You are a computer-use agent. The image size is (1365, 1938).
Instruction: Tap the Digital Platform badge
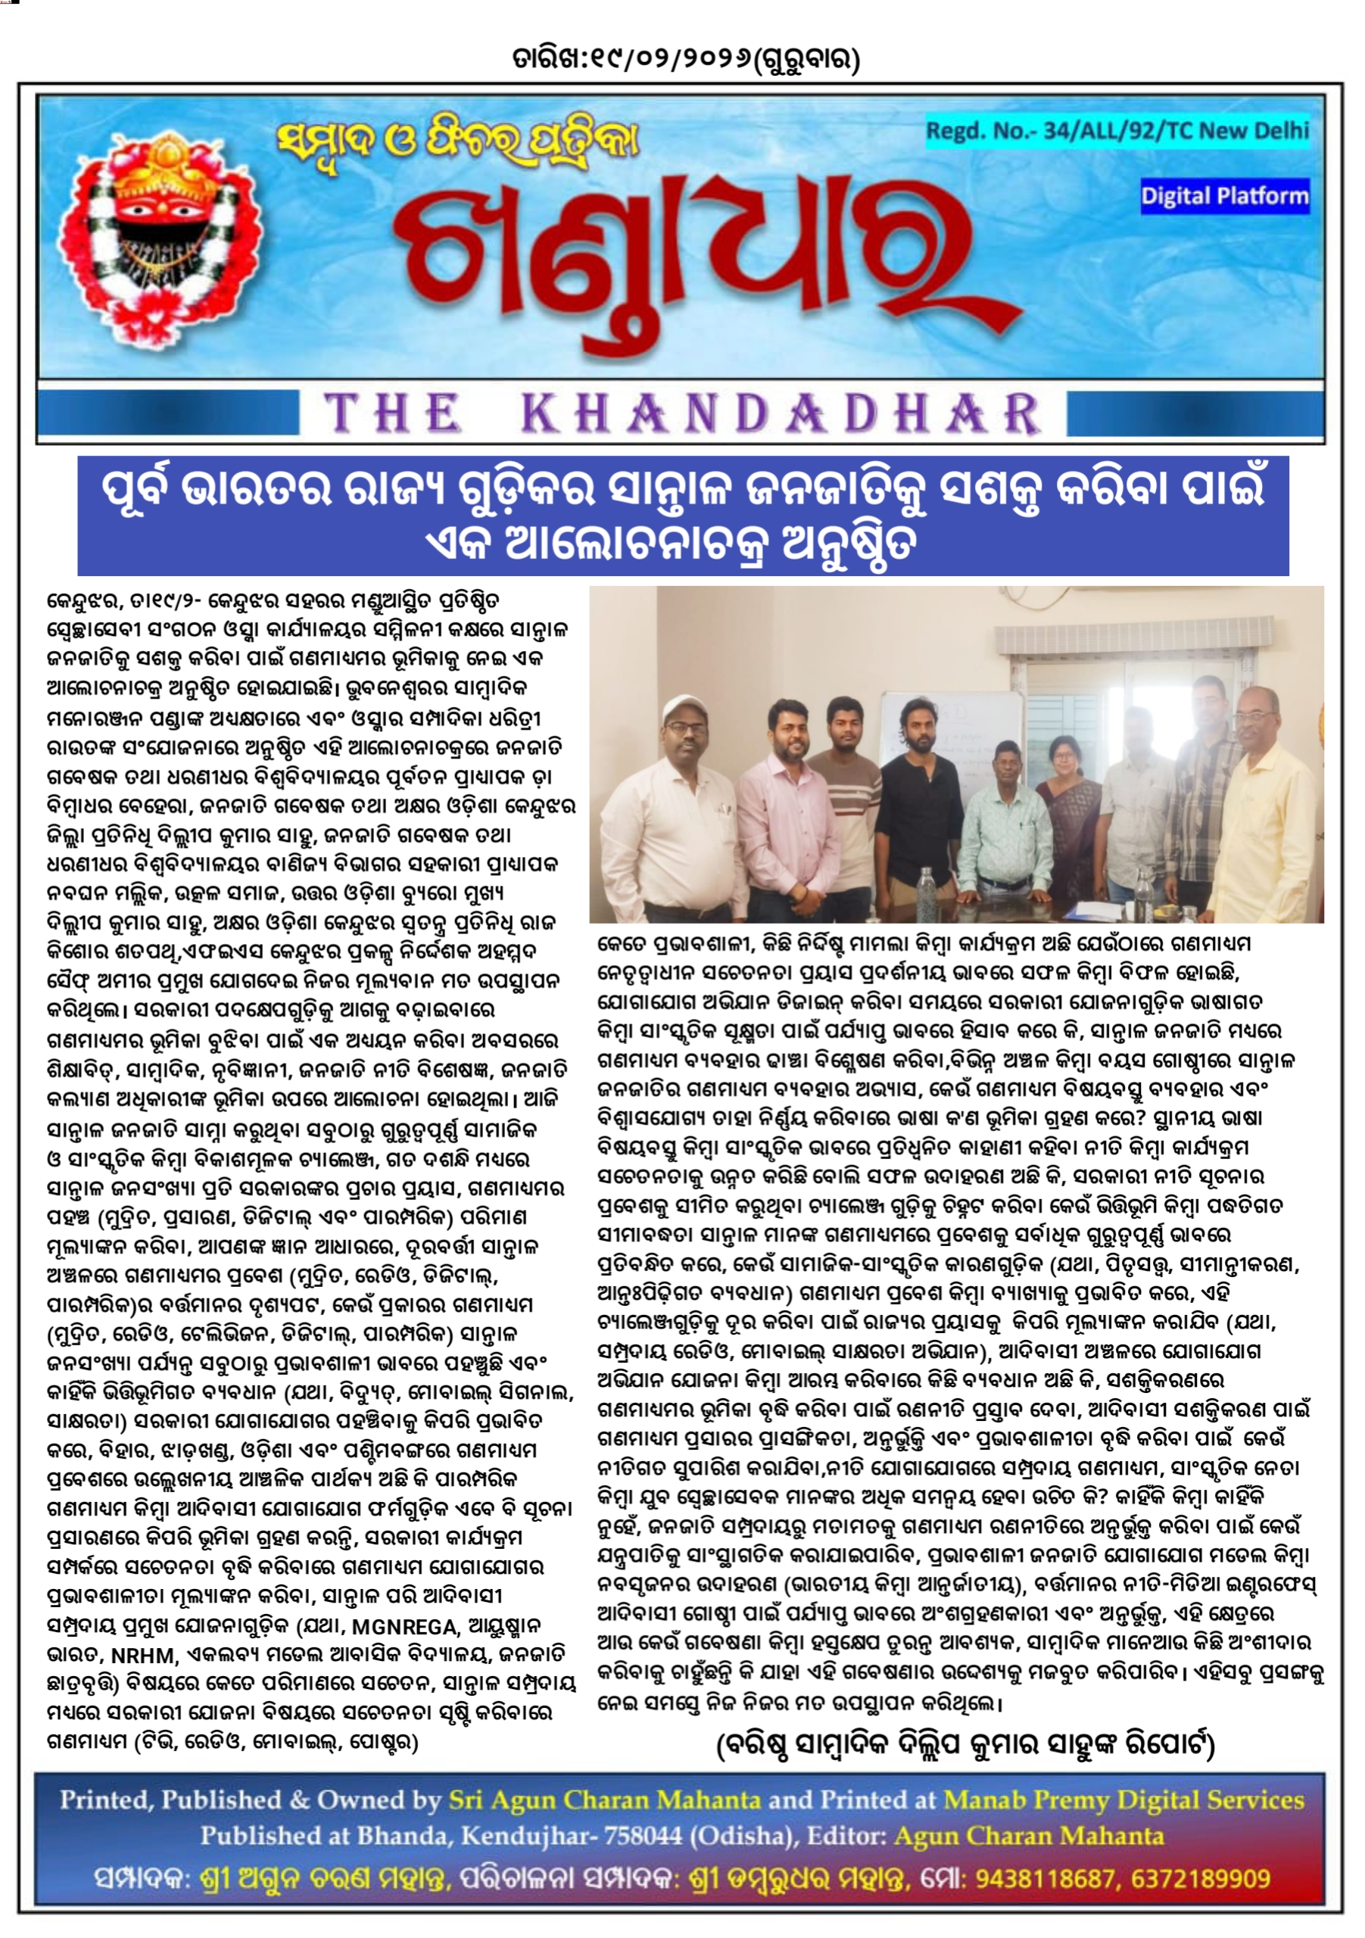pyautogui.click(x=1224, y=197)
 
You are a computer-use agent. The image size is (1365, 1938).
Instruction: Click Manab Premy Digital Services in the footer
pyautogui.click(x=1123, y=1800)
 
